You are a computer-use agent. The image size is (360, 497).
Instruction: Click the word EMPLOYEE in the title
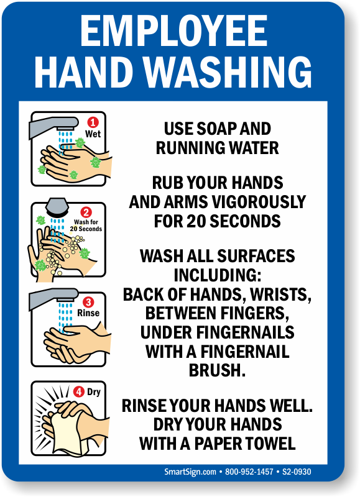pyautogui.click(x=174, y=31)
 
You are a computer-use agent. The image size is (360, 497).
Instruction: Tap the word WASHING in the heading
pyautogui.click(x=228, y=72)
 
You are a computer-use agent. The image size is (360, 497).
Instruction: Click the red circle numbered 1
pyautogui.click(x=93, y=122)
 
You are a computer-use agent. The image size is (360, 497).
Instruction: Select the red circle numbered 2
pyautogui.click(x=86, y=212)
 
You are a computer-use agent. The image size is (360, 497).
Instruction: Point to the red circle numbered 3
pyautogui.click(x=88, y=302)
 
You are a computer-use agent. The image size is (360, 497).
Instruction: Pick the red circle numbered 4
pyautogui.click(x=79, y=392)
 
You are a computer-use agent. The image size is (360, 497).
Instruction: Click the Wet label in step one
pyautogui.click(x=93, y=134)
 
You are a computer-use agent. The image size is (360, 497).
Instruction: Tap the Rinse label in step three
pyautogui.click(x=88, y=313)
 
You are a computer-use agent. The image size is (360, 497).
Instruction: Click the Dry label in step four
pyautogui.click(x=93, y=392)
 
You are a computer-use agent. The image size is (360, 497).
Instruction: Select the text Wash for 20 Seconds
pyautogui.click(x=86, y=226)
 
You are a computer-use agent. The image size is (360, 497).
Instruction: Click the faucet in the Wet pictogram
pyautogui.click(x=53, y=126)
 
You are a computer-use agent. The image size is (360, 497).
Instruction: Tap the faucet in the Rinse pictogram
pyautogui.click(x=53, y=298)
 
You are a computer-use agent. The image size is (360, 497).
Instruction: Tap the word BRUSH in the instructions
pyautogui.click(x=217, y=370)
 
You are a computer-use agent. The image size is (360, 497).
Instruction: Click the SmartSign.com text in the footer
pyautogui.click(x=190, y=472)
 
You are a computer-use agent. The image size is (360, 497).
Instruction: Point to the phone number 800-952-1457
pyautogui.click(x=249, y=472)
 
